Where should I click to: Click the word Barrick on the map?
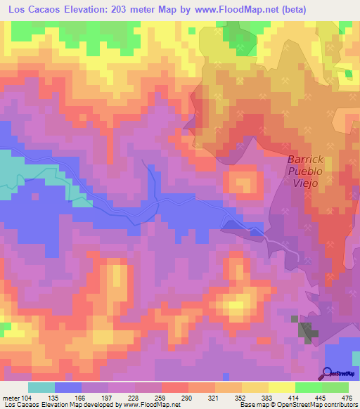tap(304, 160)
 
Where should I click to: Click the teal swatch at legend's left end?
tap(41, 387)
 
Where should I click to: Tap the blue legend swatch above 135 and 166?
tap(68, 387)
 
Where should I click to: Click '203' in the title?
tap(124, 10)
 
